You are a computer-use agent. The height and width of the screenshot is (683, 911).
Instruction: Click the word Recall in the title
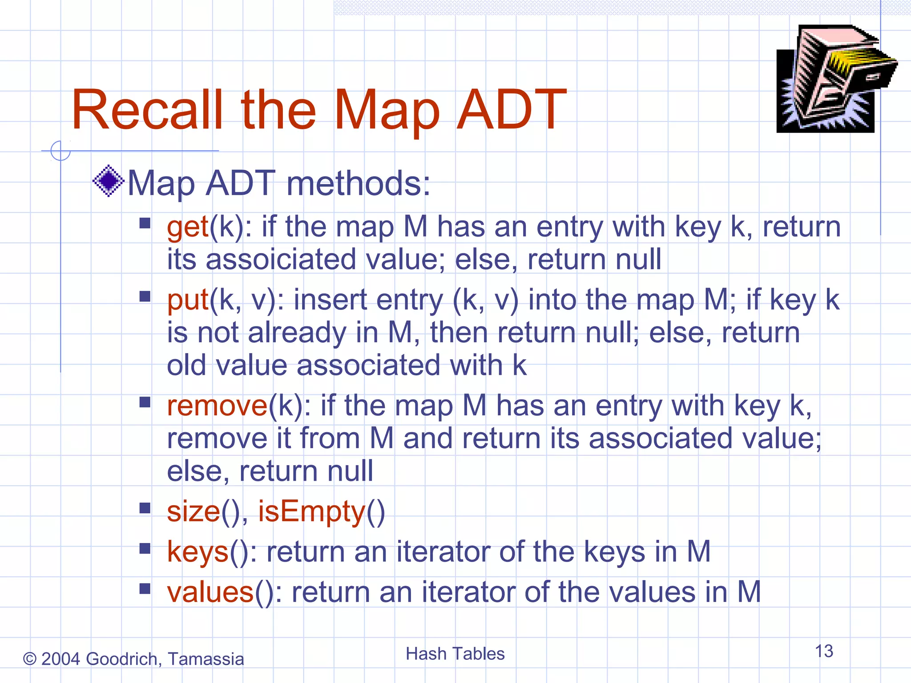[147, 110]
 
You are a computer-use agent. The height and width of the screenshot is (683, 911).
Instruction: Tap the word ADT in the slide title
[512, 110]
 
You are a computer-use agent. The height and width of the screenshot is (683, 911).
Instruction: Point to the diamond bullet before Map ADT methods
[108, 181]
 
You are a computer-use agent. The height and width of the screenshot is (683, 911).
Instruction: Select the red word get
[188, 227]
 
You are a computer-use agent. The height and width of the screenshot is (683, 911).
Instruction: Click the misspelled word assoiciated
[281, 259]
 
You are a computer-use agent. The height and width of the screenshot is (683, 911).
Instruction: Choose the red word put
[188, 300]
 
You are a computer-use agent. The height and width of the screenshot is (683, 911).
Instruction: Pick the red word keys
[198, 552]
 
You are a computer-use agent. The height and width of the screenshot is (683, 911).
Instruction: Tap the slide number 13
[824, 651]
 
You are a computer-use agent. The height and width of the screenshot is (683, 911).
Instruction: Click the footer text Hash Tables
[455, 654]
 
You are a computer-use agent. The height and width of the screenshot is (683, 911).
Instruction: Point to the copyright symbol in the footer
[29, 659]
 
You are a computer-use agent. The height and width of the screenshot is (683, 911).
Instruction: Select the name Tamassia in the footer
[206, 659]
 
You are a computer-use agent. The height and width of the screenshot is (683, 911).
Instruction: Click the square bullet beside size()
[145, 508]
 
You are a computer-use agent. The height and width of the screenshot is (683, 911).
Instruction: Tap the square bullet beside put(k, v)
[145, 296]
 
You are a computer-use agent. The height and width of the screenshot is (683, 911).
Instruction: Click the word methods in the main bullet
[359, 183]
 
